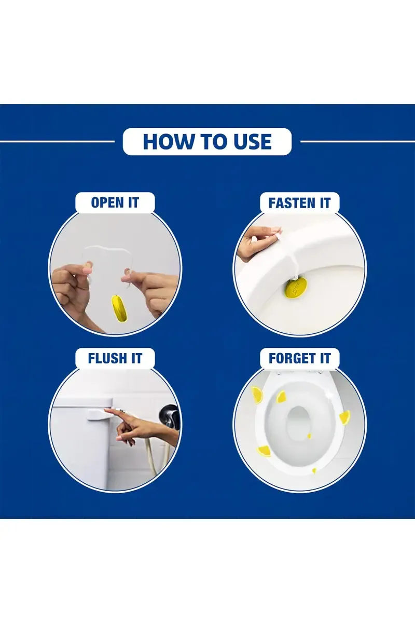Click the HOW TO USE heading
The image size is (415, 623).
[x=207, y=141]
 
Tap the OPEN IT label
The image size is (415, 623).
[x=115, y=202]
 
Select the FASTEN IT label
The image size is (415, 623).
[x=299, y=202]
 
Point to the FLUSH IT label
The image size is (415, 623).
[x=115, y=358]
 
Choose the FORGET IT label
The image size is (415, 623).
[x=300, y=358]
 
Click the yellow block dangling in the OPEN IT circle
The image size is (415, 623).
[x=119, y=309]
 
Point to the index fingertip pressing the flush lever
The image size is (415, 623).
[x=106, y=410]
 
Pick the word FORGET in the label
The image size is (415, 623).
[x=292, y=358]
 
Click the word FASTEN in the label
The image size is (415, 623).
[x=292, y=202]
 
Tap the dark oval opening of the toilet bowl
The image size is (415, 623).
[x=298, y=423]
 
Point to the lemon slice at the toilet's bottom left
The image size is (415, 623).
[x=263, y=451]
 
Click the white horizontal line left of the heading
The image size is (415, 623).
[x=57, y=141]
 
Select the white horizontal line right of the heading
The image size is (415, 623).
[x=358, y=141]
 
